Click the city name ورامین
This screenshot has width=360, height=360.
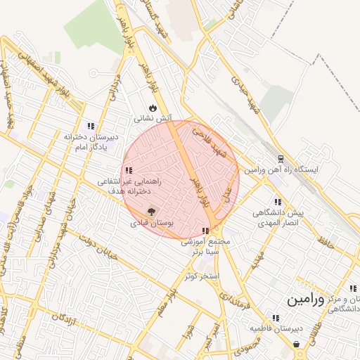(x=306, y=300)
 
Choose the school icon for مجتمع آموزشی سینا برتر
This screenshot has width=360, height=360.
(x=205, y=231)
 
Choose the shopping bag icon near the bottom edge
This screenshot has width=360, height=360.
(x=296, y=345)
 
